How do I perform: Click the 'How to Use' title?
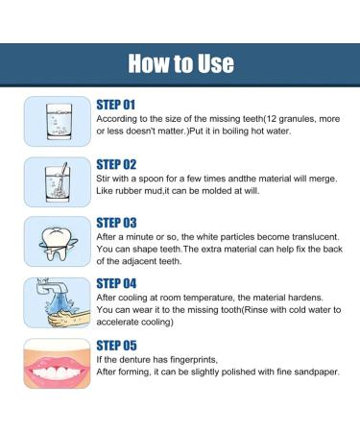[x=180, y=64]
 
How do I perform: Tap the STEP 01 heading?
[x=118, y=102]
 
